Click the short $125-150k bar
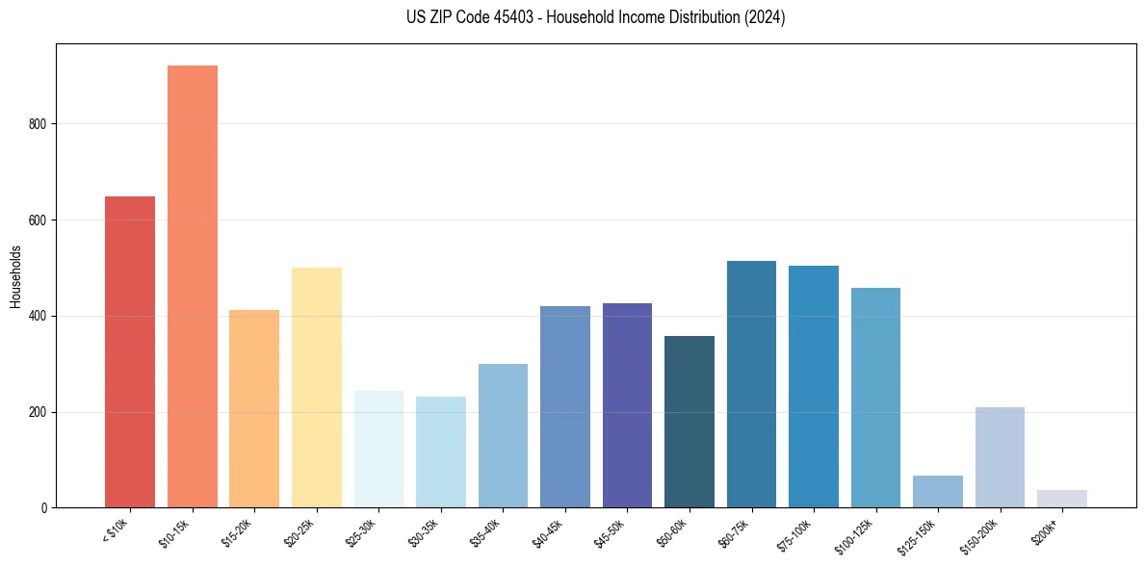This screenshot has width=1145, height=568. click(938, 491)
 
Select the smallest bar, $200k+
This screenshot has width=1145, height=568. click(1062, 499)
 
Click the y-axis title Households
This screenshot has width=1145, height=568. click(15, 276)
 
